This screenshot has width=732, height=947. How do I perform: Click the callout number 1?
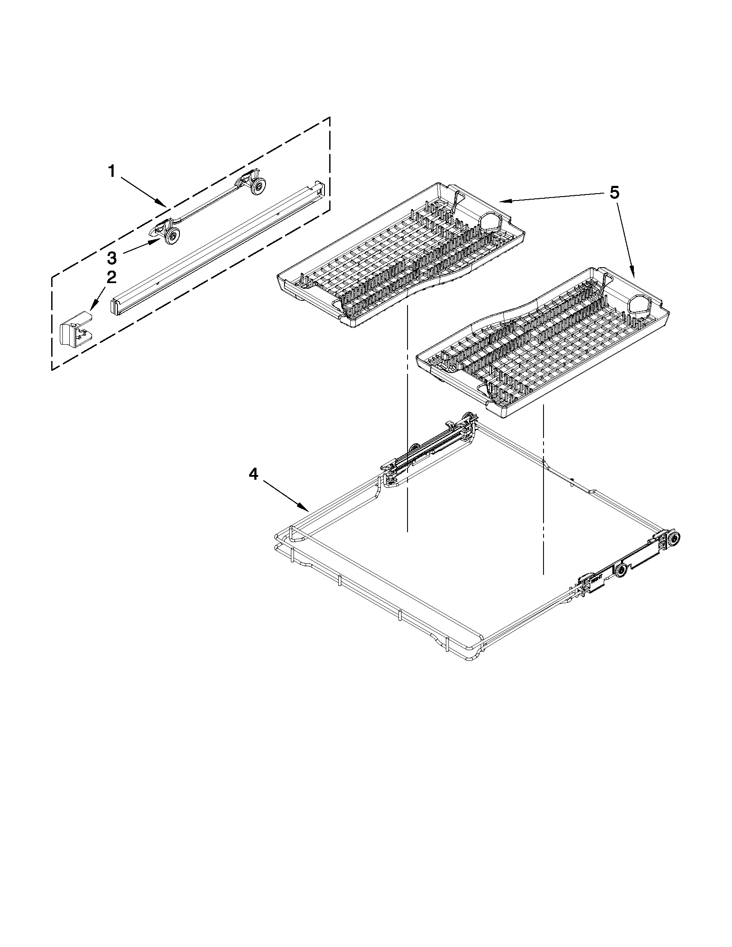(x=112, y=172)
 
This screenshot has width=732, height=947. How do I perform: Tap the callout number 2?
(x=111, y=278)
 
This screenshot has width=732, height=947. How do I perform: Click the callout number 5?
(x=615, y=192)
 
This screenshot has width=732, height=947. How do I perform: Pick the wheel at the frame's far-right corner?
(x=673, y=539)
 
